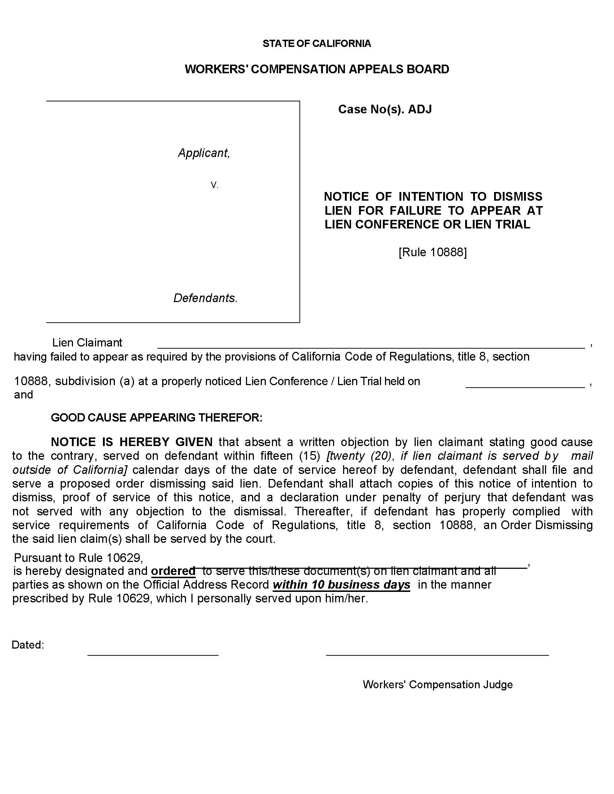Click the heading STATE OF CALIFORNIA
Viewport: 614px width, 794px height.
(316, 44)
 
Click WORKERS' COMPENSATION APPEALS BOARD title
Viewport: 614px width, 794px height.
(316, 69)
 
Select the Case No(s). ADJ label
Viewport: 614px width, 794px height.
(385, 109)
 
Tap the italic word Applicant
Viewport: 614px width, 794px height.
(204, 153)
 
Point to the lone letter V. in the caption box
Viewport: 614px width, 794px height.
(214, 186)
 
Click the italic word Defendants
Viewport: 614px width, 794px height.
(205, 298)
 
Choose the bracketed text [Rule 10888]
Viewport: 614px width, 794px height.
(432, 252)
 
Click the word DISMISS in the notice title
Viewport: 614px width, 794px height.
(517, 197)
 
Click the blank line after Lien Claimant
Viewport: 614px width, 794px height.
(371, 345)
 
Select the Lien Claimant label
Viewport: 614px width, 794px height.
(87, 343)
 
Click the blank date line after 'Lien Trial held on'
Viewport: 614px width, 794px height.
(525, 385)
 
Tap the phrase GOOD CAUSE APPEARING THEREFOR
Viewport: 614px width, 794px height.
(156, 417)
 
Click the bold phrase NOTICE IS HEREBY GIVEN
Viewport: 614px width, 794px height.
(132, 442)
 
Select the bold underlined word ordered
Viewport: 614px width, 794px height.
(173, 571)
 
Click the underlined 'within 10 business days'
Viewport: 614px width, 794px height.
(341, 585)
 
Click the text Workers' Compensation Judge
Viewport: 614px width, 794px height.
(437, 685)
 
